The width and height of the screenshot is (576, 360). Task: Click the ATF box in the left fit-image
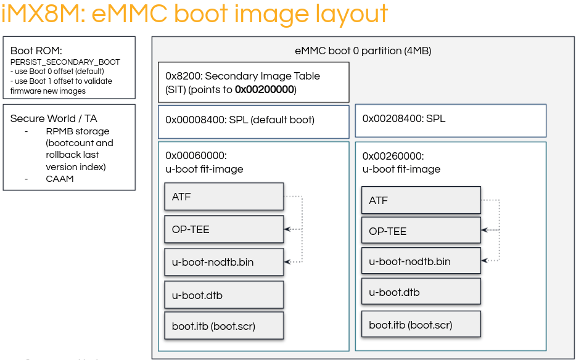[224, 197]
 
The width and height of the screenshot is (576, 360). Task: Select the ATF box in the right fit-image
[421, 200]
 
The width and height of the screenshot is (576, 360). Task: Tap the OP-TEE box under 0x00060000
[224, 229]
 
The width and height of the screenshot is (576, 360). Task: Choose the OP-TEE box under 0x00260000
[421, 231]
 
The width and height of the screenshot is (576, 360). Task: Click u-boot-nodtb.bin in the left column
[224, 262]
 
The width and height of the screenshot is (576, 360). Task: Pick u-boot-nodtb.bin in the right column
[421, 261]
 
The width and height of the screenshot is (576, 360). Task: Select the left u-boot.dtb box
[224, 295]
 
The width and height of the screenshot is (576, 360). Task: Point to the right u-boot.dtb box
[421, 292]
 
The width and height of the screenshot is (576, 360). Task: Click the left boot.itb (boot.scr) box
[224, 326]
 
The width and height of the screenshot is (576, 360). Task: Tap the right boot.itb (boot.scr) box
[421, 324]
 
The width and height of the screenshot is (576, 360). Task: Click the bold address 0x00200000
[265, 89]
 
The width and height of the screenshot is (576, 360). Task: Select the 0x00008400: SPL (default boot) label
[240, 120]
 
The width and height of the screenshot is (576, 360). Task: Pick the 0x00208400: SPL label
[403, 118]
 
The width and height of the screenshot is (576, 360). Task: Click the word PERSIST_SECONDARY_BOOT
[65, 62]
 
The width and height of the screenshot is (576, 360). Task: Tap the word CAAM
[59, 178]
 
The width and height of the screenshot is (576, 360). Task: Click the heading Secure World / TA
[54, 118]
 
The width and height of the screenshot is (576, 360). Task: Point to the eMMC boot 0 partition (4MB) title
[363, 51]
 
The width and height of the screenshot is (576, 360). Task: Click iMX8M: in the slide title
[43, 14]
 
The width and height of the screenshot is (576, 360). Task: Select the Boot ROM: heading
[36, 51]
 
